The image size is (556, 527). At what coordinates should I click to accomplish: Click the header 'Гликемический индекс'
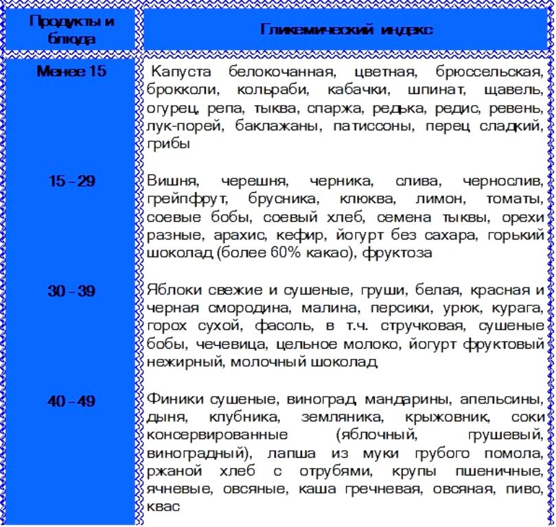tap(346, 30)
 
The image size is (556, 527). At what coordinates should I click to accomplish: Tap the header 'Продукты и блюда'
tap(72, 29)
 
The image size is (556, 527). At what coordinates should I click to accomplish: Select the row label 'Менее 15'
tap(72, 71)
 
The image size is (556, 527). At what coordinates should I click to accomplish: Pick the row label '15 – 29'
tap(72, 181)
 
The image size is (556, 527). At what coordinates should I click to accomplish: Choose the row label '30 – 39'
tap(72, 291)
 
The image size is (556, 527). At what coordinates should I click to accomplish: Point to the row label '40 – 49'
tap(72, 401)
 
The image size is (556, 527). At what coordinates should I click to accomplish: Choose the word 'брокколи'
tap(182, 90)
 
